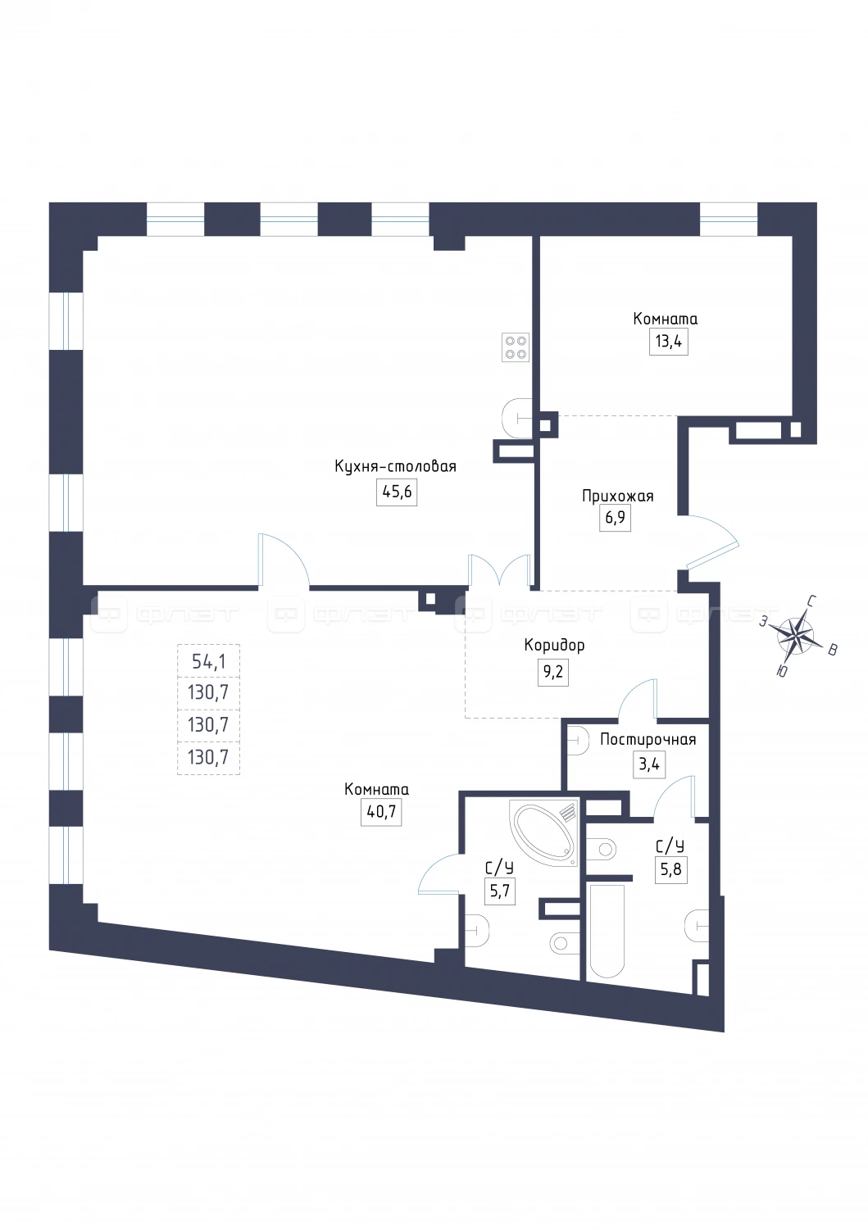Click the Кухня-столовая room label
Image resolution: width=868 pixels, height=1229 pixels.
click(395, 466)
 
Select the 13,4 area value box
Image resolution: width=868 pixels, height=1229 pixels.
click(668, 342)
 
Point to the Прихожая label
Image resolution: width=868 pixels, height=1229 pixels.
click(618, 497)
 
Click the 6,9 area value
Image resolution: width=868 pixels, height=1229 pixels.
click(615, 518)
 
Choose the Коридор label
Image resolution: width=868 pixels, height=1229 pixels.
click(554, 646)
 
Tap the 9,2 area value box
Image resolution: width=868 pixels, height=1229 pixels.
click(553, 672)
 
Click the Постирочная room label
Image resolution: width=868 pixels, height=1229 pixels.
click(648, 740)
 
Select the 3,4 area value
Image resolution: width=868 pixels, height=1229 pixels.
click(649, 764)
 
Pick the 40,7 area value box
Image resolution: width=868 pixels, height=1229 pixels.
click(381, 811)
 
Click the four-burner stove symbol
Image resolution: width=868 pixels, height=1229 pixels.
click(516, 347)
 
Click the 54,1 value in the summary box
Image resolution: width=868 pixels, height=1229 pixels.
click(209, 662)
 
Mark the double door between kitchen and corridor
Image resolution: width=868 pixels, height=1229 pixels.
click(499, 572)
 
